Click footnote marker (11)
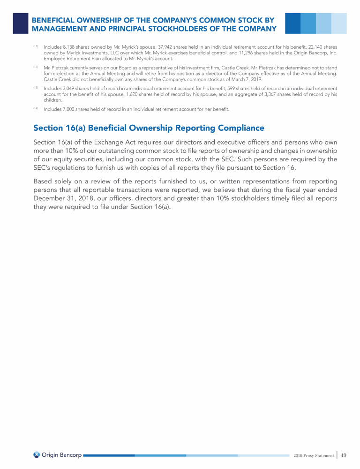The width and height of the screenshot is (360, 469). coord(36,46)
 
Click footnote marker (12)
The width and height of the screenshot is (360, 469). coord(36,67)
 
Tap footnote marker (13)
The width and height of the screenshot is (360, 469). coord(36,88)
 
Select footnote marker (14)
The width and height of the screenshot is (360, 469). coord(36,108)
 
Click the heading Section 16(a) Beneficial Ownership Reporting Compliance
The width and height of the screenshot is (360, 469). coord(149,128)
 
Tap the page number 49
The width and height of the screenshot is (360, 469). coord(344,455)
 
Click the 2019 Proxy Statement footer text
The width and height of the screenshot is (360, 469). coord(314,455)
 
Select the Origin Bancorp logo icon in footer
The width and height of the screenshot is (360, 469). coord(37,455)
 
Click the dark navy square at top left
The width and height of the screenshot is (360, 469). coord(20,23)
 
